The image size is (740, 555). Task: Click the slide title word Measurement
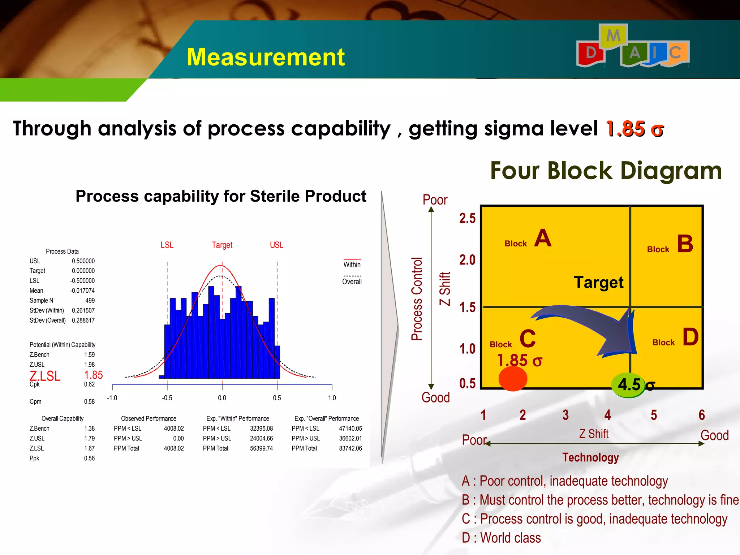point(266,57)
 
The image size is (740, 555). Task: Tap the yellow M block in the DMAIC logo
point(613,36)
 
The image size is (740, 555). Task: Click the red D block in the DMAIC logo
point(591,53)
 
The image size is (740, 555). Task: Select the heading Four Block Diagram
point(606,171)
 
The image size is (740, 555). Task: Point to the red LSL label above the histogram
point(167,245)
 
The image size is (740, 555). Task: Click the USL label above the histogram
point(276,245)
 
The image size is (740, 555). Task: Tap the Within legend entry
point(352,264)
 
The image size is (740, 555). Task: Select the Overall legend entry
point(352,281)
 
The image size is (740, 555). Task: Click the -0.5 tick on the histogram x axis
point(167,398)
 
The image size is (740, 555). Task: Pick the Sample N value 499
point(90,301)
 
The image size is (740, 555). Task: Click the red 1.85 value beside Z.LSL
point(93,375)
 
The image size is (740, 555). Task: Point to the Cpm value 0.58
point(89,402)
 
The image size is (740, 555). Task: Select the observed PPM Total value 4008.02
point(174,448)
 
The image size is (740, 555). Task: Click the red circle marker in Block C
point(513,378)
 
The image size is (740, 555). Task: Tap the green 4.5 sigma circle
point(629,385)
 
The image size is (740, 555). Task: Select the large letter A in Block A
point(543,238)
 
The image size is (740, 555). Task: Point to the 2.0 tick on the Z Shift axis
point(467,260)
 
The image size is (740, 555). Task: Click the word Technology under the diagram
point(590,457)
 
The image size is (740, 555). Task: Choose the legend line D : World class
point(501,538)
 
